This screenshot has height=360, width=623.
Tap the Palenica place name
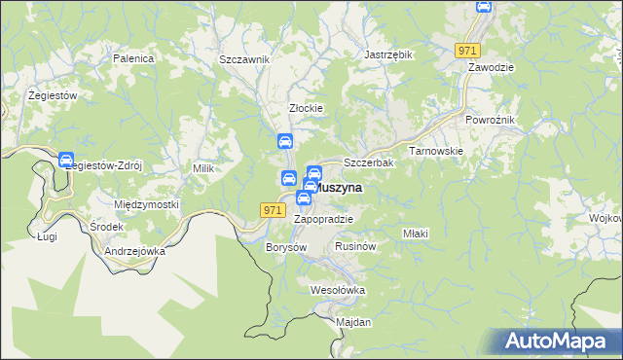coord(133,58)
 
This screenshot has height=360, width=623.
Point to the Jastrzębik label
coord(388,54)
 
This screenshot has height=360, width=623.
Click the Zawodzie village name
coord(491,67)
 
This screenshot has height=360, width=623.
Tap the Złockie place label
coord(306,108)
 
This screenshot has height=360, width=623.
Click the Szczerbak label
coord(369,162)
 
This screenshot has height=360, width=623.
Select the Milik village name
coord(202,168)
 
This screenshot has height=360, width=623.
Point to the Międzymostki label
coord(147,204)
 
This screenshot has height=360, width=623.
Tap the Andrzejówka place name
coord(134,250)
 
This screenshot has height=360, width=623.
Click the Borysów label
coord(286,247)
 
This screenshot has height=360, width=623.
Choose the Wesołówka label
coord(337,290)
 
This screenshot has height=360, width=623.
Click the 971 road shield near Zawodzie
coord(467,50)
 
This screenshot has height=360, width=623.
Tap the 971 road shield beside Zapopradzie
coord(273,209)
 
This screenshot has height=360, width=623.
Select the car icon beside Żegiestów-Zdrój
coord(66,161)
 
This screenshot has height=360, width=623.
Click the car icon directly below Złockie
coord(285,142)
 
